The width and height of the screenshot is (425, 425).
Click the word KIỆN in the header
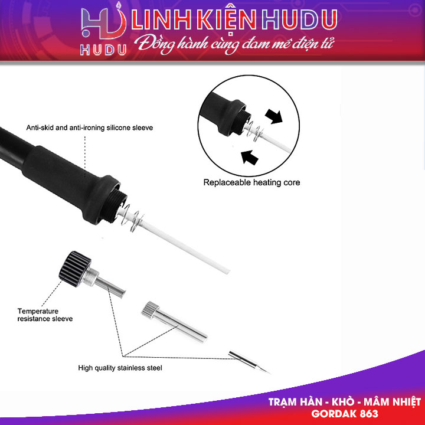pos(221,20)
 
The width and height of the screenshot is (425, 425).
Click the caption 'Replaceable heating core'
pos(251,183)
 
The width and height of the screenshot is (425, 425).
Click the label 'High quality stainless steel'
pos(120,368)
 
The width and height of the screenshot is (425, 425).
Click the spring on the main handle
pos(138,219)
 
